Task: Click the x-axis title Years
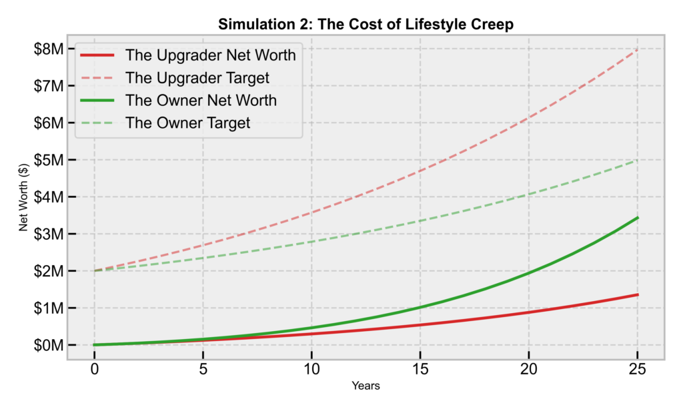coord(366,386)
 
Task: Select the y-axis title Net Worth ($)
coord(24,197)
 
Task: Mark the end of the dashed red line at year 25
coord(638,49)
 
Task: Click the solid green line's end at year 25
coord(638,218)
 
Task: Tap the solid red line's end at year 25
coord(638,294)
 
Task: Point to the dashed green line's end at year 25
coord(638,160)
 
